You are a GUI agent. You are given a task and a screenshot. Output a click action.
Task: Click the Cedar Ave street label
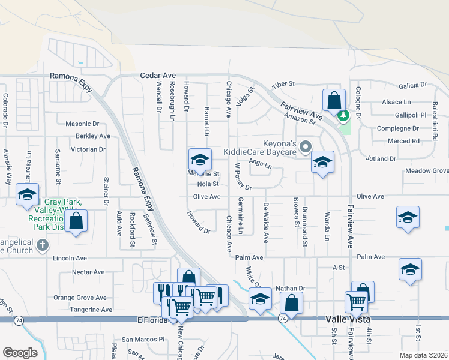tap(157, 76)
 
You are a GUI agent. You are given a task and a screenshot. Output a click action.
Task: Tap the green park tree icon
tap(343, 115)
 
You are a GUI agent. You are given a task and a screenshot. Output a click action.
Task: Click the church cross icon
tap(42, 245)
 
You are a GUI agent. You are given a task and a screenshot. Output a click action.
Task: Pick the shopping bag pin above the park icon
tap(334, 100)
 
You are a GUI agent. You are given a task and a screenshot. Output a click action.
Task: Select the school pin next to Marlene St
tap(200, 159)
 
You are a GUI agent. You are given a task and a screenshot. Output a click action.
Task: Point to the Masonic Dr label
tap(82, 124)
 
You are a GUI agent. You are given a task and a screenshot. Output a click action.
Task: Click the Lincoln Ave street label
tap(70, 258)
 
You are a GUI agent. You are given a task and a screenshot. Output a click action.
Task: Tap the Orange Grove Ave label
tap(80, 298)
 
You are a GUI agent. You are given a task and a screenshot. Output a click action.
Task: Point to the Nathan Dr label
tap(291, 289)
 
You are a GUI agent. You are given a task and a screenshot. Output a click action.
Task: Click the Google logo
tap(20, 353)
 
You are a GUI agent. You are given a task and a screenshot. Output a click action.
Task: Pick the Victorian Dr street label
tap(88, 149)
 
